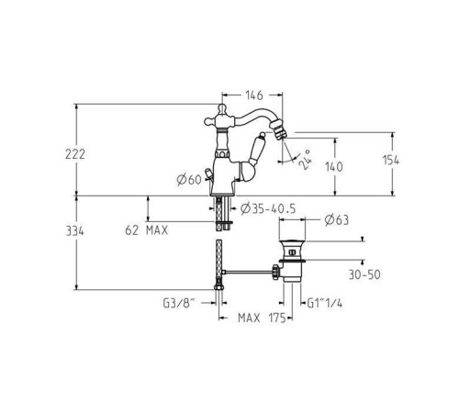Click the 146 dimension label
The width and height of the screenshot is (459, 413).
(254, 95)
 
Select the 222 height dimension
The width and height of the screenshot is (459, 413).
(75, 154)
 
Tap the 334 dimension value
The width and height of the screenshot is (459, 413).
(75, 231)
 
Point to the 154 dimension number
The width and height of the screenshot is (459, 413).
(391, 160)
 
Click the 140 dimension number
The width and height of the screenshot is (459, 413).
(334, 167)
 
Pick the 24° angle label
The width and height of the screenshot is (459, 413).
(305, 160)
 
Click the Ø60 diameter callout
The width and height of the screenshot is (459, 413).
(189, 180)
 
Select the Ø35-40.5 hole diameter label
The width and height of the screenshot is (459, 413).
(268, 208)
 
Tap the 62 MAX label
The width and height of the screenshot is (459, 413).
(147, 230)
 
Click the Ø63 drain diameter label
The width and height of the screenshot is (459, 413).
(337, 220)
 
